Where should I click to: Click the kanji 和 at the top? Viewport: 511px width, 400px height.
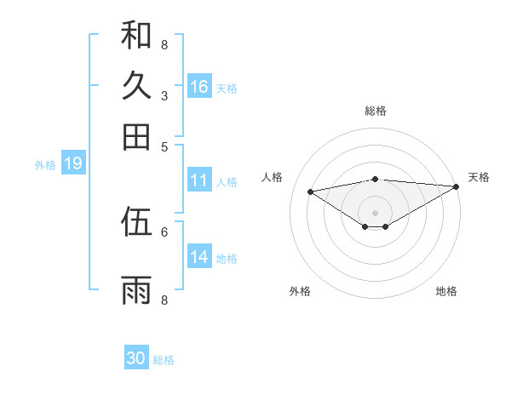pos(136,35)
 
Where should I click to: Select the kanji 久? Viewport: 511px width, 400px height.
pos(136,86)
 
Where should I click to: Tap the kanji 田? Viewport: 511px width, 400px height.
pos(136,137)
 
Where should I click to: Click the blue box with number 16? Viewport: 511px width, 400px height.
pos(199,87)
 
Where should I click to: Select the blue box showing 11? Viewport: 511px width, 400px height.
pos(199,180)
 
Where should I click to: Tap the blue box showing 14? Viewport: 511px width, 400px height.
pos(199,257)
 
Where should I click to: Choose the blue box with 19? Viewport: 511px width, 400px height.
pos(72,164)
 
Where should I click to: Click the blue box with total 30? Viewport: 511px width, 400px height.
pos(136,358)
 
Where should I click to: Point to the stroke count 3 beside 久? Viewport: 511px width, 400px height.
pos(164,95)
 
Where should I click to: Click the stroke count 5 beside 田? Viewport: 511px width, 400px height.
pos(164,146)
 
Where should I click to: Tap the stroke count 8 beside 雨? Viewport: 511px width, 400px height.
pos(164,300)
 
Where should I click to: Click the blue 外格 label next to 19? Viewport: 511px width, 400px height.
pos(45,165)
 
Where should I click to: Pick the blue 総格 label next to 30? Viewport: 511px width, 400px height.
pos(164,360)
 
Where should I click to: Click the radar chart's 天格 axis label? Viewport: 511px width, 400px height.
pos(479,177)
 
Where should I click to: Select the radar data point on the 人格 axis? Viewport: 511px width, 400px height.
pos(310,191)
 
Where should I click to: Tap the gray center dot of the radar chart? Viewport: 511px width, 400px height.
pos(376,212)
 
